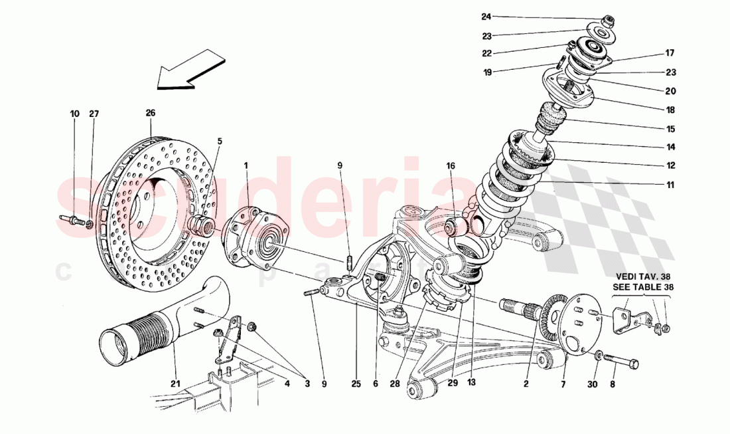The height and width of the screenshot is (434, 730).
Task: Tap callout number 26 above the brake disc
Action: (150, 114)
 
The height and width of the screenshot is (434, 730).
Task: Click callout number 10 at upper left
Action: (74, 114)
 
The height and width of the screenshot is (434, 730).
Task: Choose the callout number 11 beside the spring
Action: (671, 185)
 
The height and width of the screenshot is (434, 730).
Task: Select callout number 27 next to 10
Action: (94, 114)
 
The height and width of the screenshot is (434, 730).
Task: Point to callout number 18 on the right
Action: (670, 110)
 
